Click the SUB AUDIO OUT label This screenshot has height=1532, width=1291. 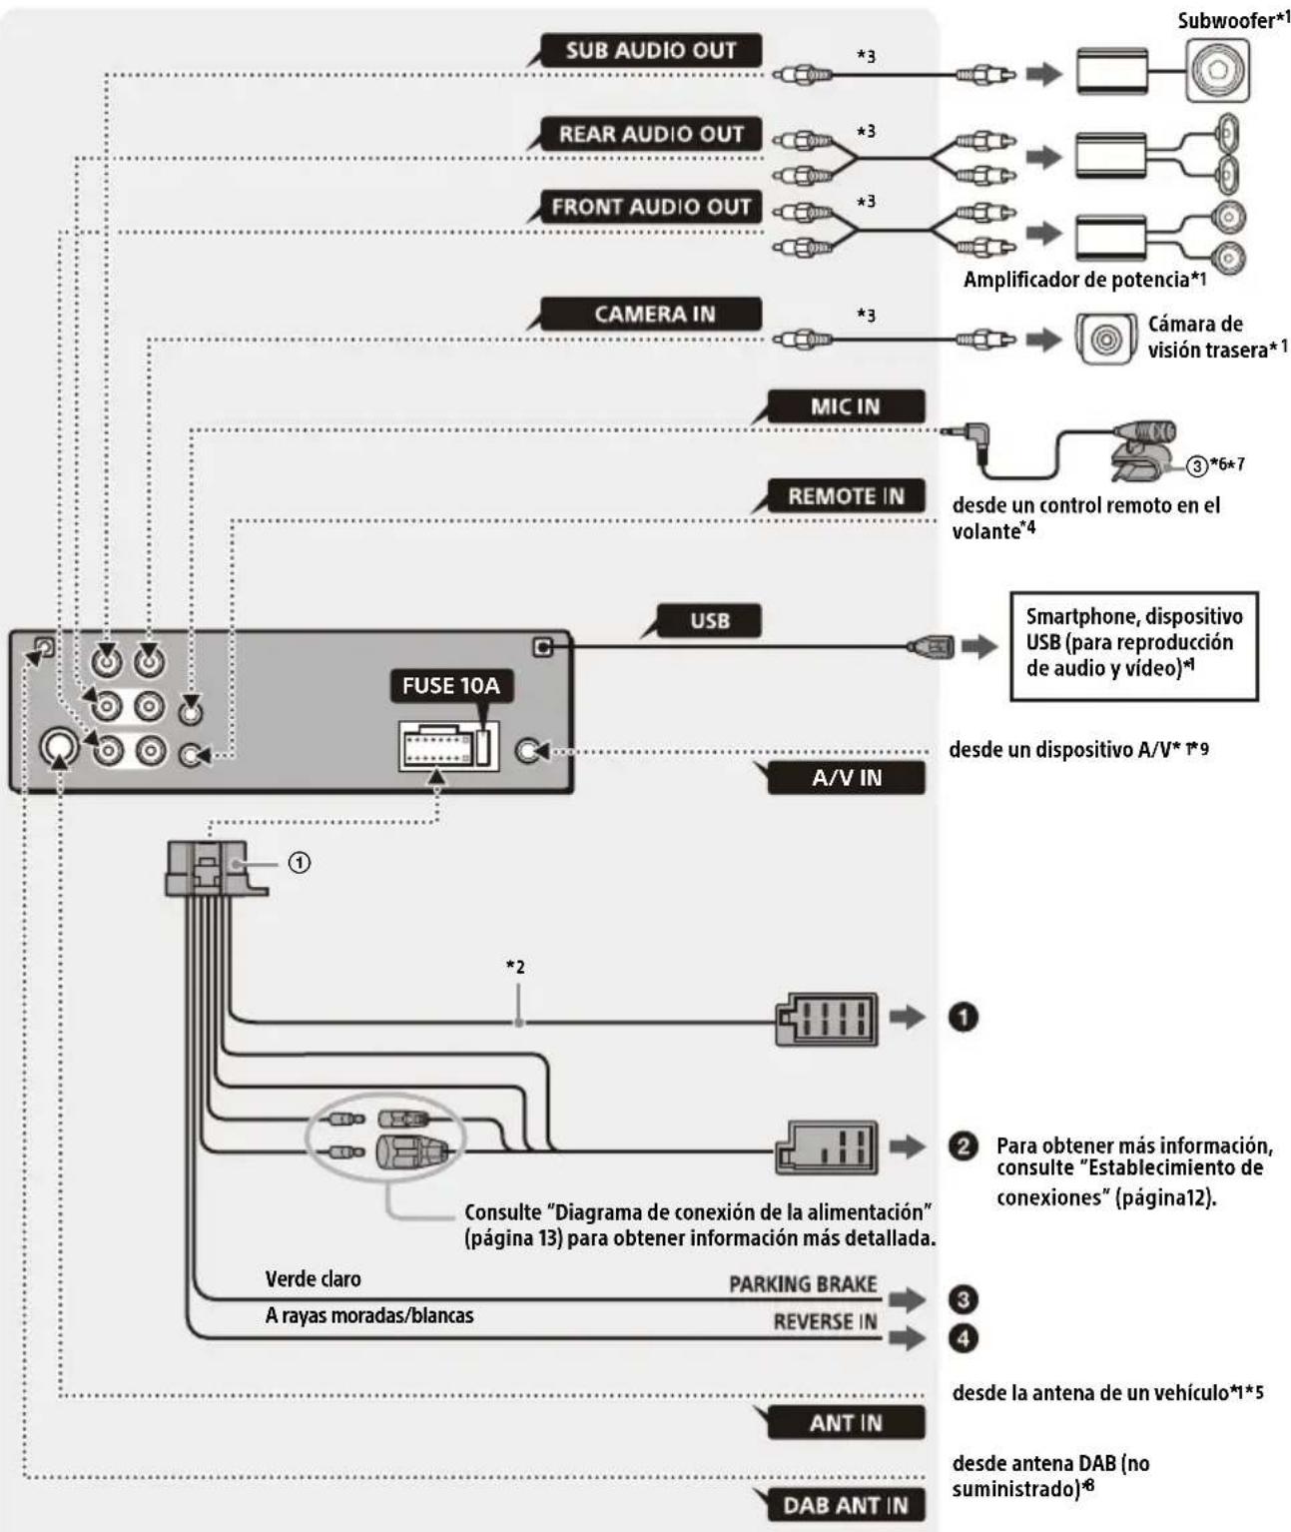pos(650,50)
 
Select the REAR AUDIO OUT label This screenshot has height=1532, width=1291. pos(650,134)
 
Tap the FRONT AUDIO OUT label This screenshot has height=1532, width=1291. pos(650,207)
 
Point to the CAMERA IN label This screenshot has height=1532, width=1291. pos(654,314)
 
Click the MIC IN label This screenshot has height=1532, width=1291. pos(845,406)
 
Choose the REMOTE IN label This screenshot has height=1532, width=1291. pos(845,496)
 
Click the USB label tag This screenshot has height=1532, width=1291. pos(709,620)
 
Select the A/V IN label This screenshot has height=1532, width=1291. pos(846,777)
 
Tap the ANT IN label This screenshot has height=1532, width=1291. pos(845,1422)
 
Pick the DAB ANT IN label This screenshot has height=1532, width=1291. pos(845,1505)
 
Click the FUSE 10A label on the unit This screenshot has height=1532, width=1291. pos(449,686)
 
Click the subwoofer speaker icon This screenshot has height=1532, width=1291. pos(1217,72)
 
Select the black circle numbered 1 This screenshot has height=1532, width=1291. pos(963,1017)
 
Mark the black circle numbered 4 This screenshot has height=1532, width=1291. pos(963,1337)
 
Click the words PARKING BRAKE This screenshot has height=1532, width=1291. pos(803,1284)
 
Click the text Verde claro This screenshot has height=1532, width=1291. pos(313,1279)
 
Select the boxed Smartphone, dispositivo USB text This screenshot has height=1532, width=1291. pos(1133,643)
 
